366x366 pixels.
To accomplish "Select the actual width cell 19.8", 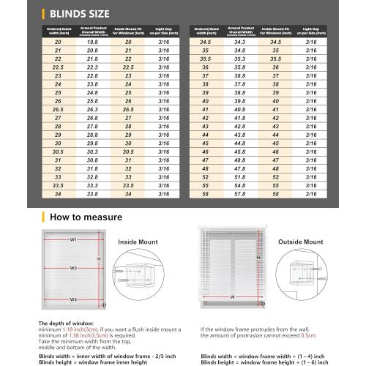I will pos(92,42).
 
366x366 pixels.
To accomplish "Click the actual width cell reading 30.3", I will pos(92,152).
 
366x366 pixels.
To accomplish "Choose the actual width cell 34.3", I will pos(239,42).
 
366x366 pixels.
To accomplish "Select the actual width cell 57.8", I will pos(239,194).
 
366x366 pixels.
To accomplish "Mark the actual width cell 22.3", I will pos(92,67).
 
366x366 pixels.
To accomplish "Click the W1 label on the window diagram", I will pos(73,239).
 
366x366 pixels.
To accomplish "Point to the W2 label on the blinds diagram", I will pos(73,268).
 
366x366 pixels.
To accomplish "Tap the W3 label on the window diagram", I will pos(73,299).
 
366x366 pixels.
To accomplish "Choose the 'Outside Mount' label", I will pos(300,241).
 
